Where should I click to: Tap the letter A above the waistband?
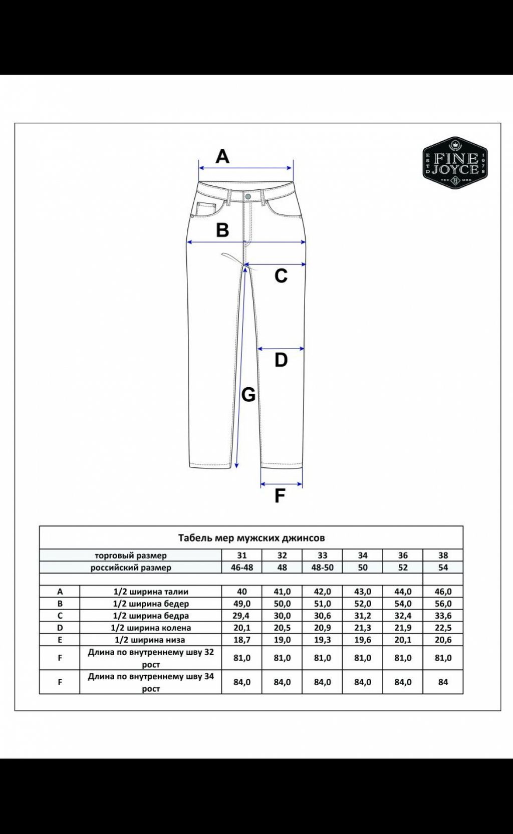point(222,156)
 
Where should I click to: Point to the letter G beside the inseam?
point(248,395)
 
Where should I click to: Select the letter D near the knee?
point(281,360)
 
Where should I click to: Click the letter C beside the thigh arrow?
point(281,276)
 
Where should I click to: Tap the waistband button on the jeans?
point(248,196)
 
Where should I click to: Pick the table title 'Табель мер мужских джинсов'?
point(251,537)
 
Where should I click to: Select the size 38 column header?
point(443,555)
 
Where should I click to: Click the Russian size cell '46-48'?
point(241,568)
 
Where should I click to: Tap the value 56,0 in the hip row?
point(443,604)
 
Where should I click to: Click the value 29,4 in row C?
point(241,616)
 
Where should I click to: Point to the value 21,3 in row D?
point(363,628)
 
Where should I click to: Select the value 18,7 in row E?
point(241,640)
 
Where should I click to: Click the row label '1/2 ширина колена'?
point(151,628)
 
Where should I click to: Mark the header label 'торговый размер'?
point(131,555)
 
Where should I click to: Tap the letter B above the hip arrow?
point(222,230)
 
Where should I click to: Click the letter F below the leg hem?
point(280,495)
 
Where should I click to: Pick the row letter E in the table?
point(60,640)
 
